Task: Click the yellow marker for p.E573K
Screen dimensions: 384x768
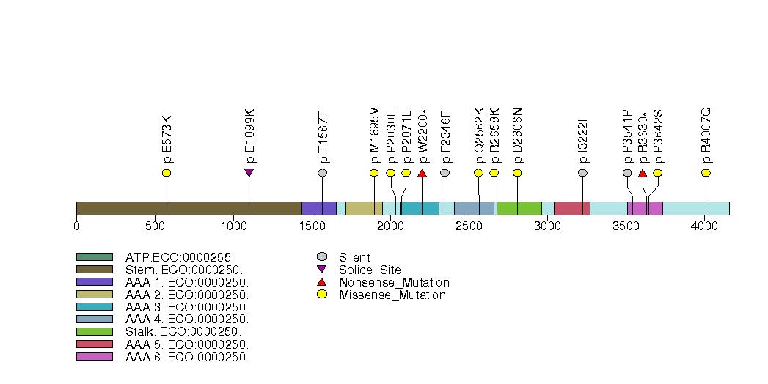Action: click(x=167, y=173)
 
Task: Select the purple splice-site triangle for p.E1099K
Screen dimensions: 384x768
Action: click(x=249, y=173)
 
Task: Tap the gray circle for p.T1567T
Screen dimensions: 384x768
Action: click(x=322, y=173)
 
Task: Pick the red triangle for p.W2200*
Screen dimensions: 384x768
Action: click(x=422, y=173)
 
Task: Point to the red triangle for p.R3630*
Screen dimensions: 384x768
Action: click(x=643, y=173)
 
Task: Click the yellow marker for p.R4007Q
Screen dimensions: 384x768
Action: click(x=706, y=173)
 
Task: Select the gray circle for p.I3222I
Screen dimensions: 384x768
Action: click(x=582, y=173)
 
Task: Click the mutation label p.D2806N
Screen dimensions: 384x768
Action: click(x=517, y=136)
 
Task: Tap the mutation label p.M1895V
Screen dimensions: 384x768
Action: click(x=374, y=136)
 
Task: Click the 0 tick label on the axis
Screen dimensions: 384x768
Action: click(x=76, y=226)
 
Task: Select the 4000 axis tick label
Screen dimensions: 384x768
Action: click(x=704, y=226)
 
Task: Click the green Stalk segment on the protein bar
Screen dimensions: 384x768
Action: click(x=519, y=209)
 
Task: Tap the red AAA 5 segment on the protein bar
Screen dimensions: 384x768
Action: click(x=571, y=209)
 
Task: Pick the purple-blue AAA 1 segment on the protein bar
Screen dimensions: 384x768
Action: click(x=318, y=209)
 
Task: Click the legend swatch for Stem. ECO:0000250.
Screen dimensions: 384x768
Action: click(x=94, y=270)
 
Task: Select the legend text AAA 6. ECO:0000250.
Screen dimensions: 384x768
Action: click(x=187, y=358)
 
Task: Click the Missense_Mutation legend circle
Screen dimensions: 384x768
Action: click(x=322, y=295)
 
